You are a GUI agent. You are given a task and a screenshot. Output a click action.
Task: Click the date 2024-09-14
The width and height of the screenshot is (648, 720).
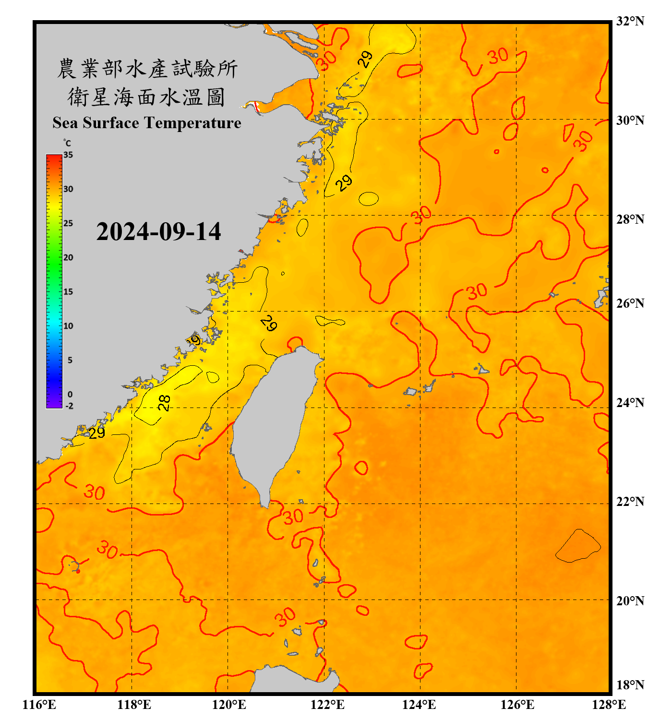coord(158,232)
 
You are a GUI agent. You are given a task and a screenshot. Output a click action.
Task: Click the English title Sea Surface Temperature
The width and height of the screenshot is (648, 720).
coord(146,123)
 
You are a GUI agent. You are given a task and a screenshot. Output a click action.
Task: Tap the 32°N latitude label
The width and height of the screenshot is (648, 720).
coord(630,21)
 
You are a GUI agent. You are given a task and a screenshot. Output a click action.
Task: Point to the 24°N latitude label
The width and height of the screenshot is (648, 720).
coord(630,402)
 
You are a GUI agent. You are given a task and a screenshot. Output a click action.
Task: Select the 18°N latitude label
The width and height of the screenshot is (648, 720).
coord(630,684)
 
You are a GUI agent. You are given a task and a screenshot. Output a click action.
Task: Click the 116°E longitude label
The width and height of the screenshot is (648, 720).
coord(39,705)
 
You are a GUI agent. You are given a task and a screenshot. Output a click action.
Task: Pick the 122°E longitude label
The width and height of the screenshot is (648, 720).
coord(327,705)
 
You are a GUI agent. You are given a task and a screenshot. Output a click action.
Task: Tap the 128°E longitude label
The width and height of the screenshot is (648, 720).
coord(609,705)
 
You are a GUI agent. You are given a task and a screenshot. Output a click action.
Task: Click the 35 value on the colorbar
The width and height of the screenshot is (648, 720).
coord(68,155)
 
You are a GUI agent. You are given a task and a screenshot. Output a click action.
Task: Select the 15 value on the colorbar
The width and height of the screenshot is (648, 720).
coord(68,291)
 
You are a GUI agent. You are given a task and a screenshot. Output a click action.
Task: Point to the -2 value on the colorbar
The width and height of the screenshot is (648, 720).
coord(69,406)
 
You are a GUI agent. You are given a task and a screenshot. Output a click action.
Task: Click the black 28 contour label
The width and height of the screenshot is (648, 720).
coord(164,402)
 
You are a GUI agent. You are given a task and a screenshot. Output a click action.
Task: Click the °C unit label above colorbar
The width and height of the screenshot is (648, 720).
coord(67,143)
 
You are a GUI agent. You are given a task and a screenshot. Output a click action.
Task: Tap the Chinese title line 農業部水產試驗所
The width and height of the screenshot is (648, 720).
coord(147,69)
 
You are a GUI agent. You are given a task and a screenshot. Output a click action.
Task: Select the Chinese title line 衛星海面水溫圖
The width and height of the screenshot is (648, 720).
coord(146,97)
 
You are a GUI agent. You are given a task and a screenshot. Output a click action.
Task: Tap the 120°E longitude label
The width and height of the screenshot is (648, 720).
coord(229,705)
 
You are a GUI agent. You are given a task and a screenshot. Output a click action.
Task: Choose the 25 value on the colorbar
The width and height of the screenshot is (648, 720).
coord(68,223)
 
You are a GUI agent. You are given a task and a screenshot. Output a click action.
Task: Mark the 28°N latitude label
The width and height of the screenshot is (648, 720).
coord(630,219)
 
